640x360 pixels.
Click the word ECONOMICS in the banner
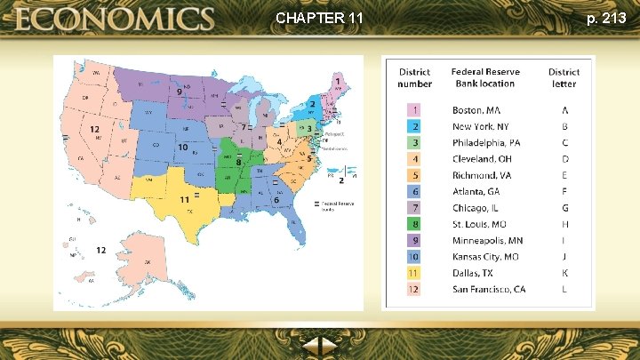click(113, 19)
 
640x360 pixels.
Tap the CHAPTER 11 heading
click(319, 18)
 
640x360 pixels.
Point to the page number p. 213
click(606, 18)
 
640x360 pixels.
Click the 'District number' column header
click(414, 78)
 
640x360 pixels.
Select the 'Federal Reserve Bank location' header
click(485, 77)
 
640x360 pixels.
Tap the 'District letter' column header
click(564, 78)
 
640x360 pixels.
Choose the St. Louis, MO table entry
click(481, 224)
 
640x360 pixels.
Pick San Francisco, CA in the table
click(489, 289)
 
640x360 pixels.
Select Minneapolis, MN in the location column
click(487, 240)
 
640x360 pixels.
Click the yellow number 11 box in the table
click(414, 273)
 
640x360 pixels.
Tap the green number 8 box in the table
click(414, 224)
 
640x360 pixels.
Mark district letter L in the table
click(564, 289)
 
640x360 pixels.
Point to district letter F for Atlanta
click(564, 192)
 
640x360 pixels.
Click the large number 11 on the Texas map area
click(183, 200)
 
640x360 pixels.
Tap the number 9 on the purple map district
click(179, 92)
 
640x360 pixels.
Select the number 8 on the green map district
click(238, 162)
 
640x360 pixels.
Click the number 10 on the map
click(182, 147)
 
